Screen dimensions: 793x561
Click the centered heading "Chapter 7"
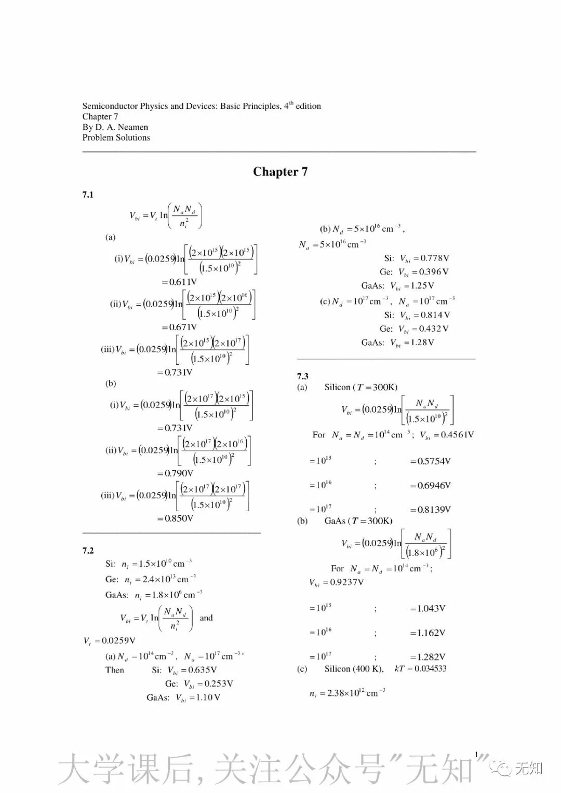pos(280,172)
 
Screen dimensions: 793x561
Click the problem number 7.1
pos(88,195)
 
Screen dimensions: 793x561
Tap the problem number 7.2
pos(88,551)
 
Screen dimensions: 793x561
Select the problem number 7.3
pos(303,376)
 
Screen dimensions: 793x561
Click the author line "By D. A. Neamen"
pos(115,127)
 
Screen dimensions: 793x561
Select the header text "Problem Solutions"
pos(116,138)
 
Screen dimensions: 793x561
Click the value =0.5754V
pos(430,461)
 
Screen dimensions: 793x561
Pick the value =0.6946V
pos(430,485)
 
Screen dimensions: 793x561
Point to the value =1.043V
pos(428,608)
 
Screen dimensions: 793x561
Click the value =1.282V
pos(428,657)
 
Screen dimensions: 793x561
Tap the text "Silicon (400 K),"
pos(354,668)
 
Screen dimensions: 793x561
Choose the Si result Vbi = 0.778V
pos(424,258)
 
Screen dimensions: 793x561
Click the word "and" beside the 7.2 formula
pos(206,618)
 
